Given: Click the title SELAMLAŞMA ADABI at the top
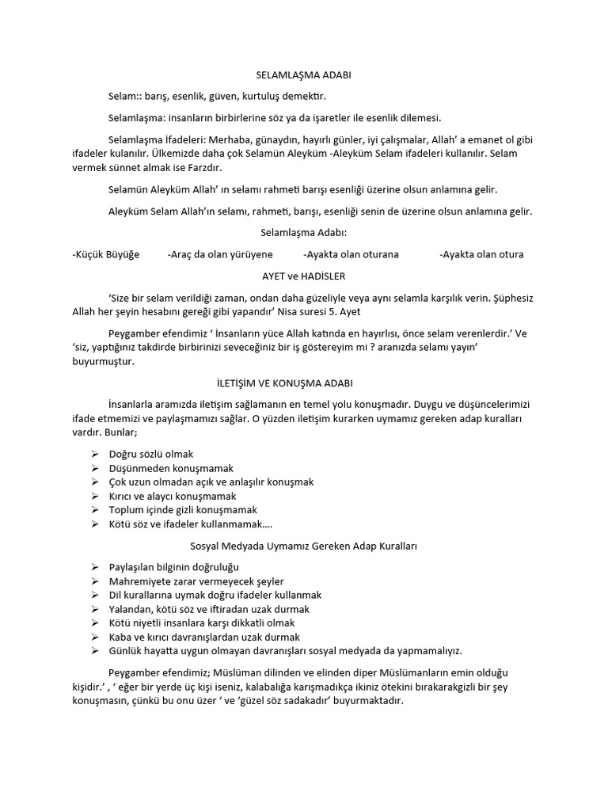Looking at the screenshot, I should pyautogui.click(x=303, y=75).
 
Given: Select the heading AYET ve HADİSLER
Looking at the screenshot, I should pyautogui.click(x=303, y=276).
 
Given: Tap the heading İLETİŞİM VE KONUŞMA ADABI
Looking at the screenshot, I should pyautogui.click(x=303, y=383).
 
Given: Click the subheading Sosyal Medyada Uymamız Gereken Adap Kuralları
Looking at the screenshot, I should pyautogui.click(x=304, y=546).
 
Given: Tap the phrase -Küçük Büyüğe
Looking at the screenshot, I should pyautogui.click(x=105, y=254).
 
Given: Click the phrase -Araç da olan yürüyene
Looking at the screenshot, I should pyautogui.click(x=220, y=254).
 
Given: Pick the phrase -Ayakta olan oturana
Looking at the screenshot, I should pyautogui.click(x=351, y=254).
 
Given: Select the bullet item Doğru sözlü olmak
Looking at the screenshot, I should pyautogui.click(x=151, y=454).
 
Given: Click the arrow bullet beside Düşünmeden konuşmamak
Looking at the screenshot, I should pyautogui.click(x=94, y=468).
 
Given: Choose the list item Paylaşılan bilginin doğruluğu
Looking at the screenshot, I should pyautogui.click(x=173, y=567).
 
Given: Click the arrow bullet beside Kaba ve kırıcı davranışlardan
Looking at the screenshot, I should pyautogui.click(x=94, y=637).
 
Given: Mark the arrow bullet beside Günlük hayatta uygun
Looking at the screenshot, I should pyautogui.click(x=94, y=651).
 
